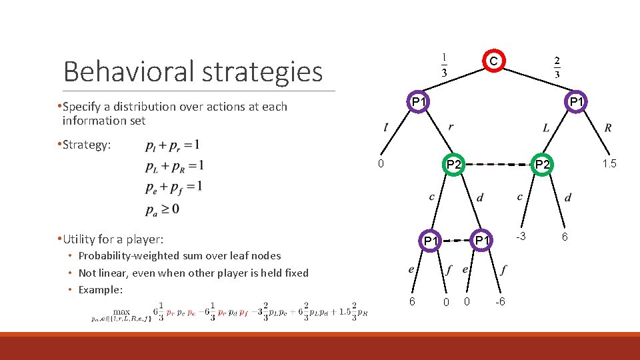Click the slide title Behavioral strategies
tap(193, 71)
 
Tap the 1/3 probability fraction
tap(445, 64)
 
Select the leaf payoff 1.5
tap(609, 164)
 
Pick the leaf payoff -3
tap(521, 237)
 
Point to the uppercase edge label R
tap(608, 128)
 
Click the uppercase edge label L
tap(546, 128)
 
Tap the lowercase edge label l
tap(386, 127)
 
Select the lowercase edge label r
tap(451, 127)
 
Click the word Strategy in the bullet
tap(87, 145)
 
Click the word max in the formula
tap(121, 311)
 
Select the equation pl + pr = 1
tap(171, 145)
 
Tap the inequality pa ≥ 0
tap(162, 209)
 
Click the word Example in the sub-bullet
tap(101, 289)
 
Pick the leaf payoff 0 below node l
tap(380, 164)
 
